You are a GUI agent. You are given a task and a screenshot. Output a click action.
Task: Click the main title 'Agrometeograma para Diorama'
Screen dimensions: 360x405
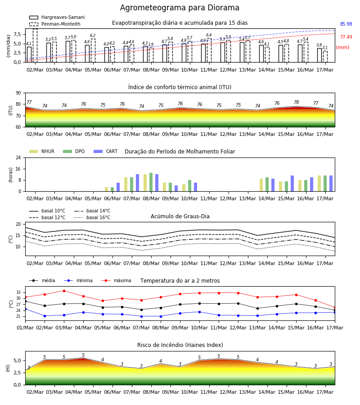(180, 8)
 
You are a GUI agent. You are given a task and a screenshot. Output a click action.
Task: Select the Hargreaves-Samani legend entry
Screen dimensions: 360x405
(57, 17)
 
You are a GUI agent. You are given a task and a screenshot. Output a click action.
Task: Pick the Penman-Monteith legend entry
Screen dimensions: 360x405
(55, 24)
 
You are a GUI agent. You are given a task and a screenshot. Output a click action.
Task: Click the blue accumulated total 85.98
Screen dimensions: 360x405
(346, 24)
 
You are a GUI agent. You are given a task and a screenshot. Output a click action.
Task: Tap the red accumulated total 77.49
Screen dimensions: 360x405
(346, 37)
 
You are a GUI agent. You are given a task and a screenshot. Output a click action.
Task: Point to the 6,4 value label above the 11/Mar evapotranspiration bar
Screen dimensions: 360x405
(209, 35)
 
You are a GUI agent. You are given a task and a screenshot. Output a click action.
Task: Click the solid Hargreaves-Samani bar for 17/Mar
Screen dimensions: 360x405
(319, 55)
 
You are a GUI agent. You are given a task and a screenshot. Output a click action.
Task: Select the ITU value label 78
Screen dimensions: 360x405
(296, 102)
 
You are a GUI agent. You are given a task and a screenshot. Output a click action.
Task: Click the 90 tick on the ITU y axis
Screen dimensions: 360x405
(18, 93)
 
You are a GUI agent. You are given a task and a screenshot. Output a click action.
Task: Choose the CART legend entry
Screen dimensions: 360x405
(106, 151)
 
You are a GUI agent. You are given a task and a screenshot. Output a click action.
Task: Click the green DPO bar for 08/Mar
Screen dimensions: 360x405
(151, 182)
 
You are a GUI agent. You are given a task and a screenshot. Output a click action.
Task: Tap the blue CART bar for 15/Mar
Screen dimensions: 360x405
(292, 184)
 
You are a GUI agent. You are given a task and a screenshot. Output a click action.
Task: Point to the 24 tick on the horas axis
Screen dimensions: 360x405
(18, 157)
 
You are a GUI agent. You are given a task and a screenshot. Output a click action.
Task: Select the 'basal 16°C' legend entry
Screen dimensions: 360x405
(92, 217)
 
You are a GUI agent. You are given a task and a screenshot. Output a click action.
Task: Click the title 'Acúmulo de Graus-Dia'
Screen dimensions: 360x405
(180, 216)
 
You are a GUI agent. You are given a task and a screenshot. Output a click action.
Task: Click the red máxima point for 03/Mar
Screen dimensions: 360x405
(64, 291)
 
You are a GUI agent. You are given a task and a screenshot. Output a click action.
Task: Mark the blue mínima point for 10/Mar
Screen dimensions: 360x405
(199, 312)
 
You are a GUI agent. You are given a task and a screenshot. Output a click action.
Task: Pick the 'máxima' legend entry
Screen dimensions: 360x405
(116, 280)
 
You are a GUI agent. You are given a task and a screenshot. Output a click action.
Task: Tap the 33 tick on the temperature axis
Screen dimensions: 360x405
(18, 292)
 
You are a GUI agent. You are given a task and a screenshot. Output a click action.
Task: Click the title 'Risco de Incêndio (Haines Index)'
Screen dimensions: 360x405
(180, 345)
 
